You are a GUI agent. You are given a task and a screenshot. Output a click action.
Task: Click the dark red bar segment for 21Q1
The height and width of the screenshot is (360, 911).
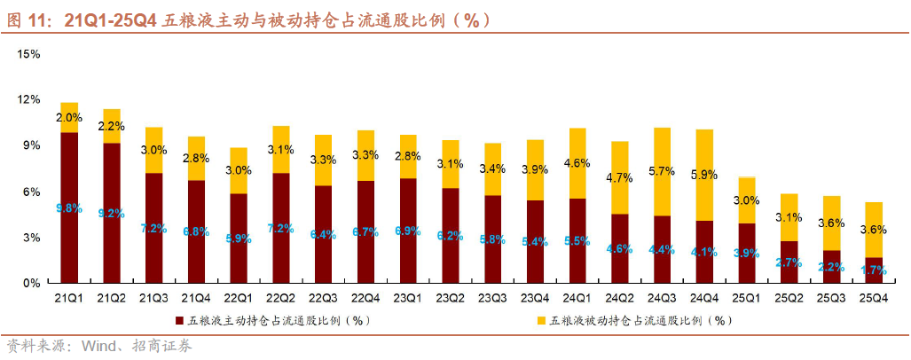pyautogui.click(x=69, y=207)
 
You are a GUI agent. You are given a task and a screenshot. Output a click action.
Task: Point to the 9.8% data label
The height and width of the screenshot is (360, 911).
pyautogui.click(x=69, y=208)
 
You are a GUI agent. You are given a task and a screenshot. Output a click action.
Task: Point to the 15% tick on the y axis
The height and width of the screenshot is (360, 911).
pyautogui.click(x=29, y=54)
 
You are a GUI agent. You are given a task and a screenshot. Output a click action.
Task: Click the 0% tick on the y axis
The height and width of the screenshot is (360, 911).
pyautogui.click(x=32, y=283)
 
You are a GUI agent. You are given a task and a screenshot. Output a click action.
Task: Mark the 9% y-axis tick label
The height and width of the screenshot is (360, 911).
pyautogui.click(x=32, y=145)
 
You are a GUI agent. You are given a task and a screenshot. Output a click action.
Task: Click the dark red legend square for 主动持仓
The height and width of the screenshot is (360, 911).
pyautogui.click(x=179, y=320)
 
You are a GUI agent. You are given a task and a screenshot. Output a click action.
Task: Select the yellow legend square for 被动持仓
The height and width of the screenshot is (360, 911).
pyautogui.click(x=541, y=320)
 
